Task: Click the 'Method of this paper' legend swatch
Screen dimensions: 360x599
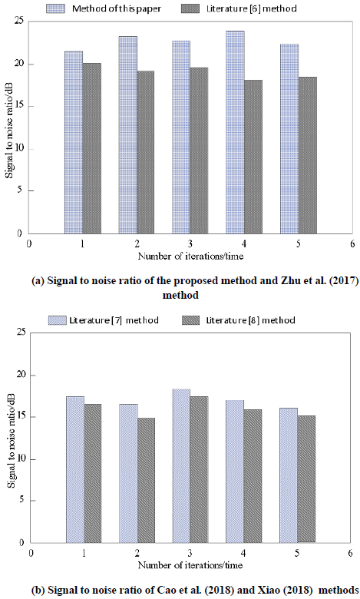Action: coord(56,8)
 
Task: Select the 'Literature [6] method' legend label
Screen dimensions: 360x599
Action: coord(252,8)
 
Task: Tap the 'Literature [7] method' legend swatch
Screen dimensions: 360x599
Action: coord(58,320)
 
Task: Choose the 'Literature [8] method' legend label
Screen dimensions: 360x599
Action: coord(250,320)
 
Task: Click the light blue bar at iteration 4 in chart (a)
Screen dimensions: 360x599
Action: coord(235,132)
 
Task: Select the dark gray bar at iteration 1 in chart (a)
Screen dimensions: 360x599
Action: coord(92,148)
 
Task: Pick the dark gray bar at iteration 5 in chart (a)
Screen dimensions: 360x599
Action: coord(308,155)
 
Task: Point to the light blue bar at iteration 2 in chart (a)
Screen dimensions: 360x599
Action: coord(128,135)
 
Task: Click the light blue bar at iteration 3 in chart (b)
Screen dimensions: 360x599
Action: coord(181,465)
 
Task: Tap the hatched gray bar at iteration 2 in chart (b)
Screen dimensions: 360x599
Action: coord(146,480)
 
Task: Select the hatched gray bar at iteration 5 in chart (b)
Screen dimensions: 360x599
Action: coord(306,479)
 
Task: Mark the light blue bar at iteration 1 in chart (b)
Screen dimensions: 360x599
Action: coord(75,469)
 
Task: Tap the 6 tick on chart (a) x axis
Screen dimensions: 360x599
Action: coord(352,243)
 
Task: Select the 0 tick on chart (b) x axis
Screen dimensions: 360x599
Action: coord(31,553)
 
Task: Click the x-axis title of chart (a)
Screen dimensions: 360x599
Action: coord(190,256)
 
